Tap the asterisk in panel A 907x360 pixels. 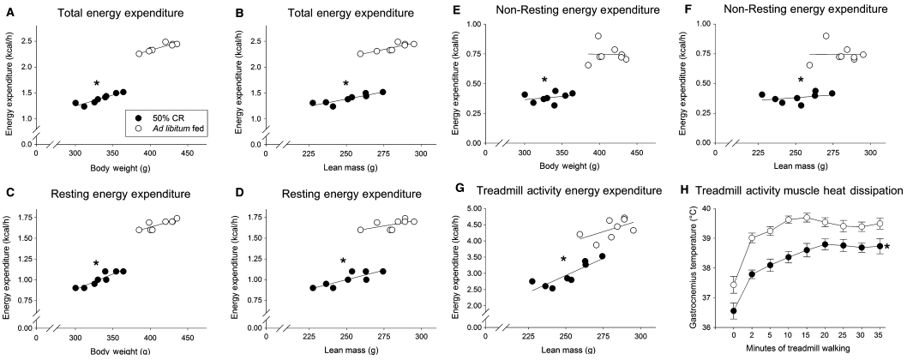pos(97,84)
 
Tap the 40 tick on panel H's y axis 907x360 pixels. pos(712,208)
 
